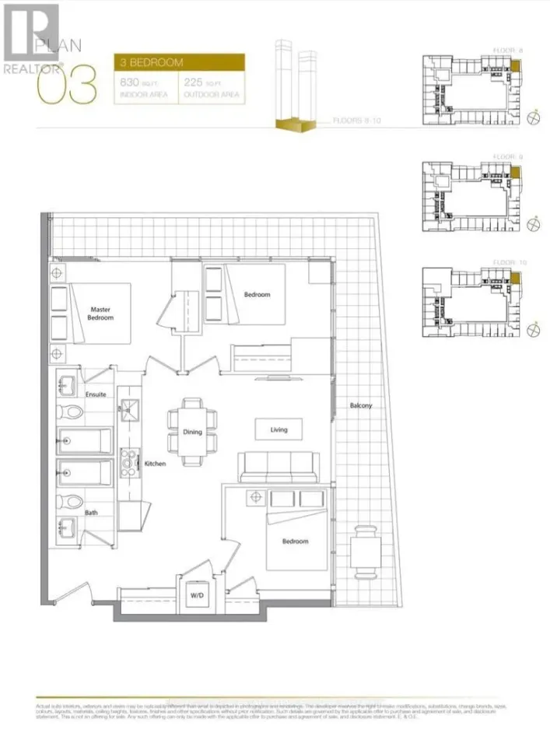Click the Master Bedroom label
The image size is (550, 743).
[x=101, y=313]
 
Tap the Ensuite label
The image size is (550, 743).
[x=96, y=394]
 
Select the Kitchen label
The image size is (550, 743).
[x=155, y=464]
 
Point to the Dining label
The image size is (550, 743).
[x=193, y=432]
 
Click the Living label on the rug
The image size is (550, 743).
[x=279, y=429]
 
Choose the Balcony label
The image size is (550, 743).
[x=360, y=405]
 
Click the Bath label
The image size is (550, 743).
[x=92, y=513]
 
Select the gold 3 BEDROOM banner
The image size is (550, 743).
[x=180, y=62]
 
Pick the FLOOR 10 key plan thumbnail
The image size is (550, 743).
[x=471, y=302]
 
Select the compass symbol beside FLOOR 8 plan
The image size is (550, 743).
[x=533, y=117]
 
